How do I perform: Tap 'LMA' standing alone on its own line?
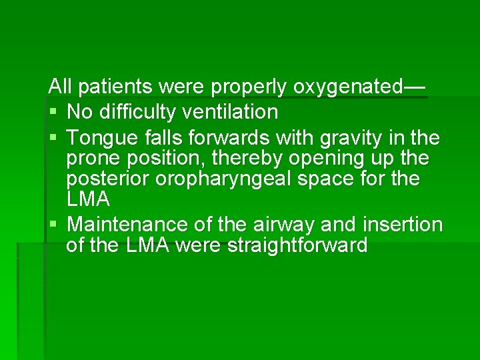[88, 199]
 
